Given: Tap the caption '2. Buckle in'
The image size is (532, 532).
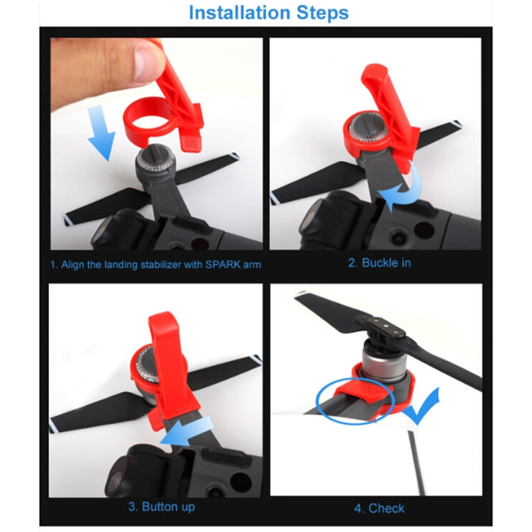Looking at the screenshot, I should (x=379, y=262).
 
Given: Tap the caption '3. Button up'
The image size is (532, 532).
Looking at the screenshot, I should (x=161, y=506).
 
